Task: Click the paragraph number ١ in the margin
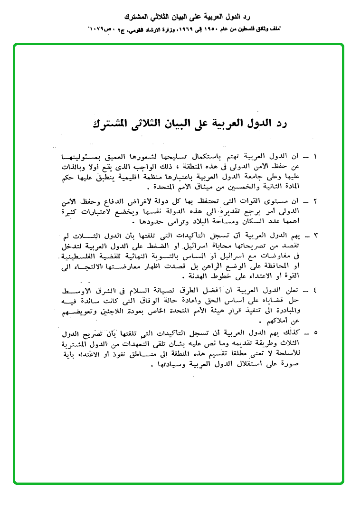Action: [315, 156]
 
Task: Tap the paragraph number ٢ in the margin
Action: [315, 201]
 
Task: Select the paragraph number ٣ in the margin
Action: [315, 236]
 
